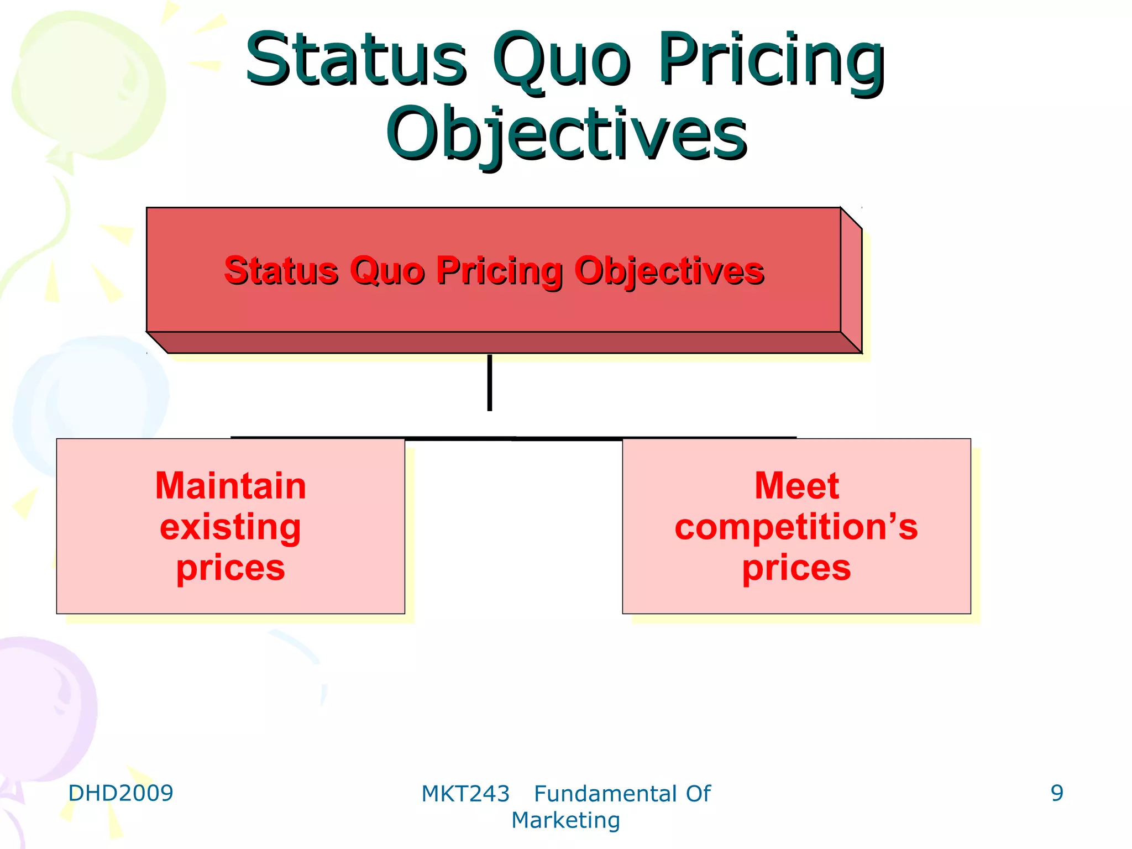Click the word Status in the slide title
[x=357, y=60]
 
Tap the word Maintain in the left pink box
[x=230, y=486]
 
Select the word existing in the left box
[x=230, y=527]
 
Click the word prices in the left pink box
[x=230, y=568]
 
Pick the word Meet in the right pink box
[x=796, y=486]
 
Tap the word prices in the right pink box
[x=796, y=568]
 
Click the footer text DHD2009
[x=120, y=793]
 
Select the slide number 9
[x=1057, y=793]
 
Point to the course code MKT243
[x=465, y=794]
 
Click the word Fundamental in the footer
[x=605, y=794]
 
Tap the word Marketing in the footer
[x=565, y=820]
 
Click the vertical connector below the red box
[x=490, y=382]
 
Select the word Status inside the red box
[x=281, y=271]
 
